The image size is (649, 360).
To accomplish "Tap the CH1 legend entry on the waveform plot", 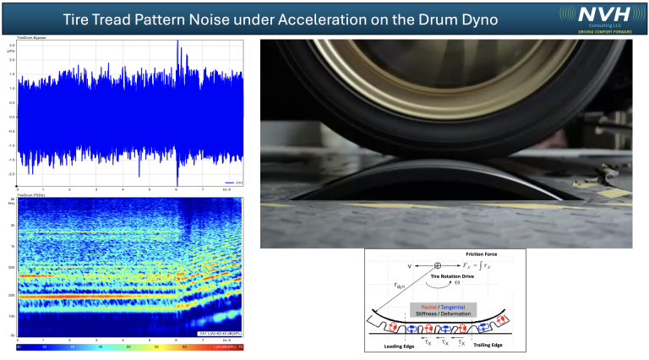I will [238, 183].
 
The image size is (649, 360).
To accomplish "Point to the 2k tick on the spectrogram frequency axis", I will [12, 226].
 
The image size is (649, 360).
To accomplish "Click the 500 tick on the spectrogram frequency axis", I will [12, 266].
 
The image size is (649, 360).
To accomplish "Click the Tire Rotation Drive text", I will [449, 275].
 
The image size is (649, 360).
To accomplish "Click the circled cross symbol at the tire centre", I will [437, 266].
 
